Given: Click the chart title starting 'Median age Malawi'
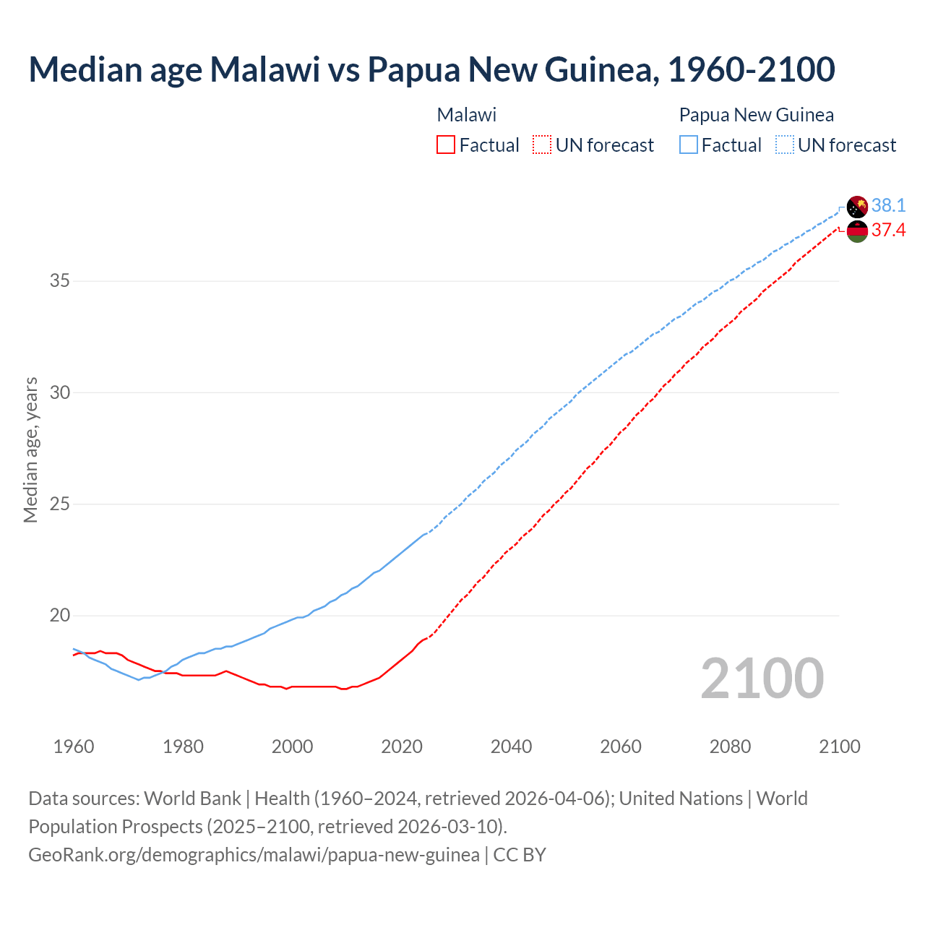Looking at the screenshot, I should (431, 69).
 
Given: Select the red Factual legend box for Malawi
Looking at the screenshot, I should (446, 145).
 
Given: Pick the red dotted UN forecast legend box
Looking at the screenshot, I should (542, 145).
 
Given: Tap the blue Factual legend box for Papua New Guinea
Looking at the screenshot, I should (689, 145).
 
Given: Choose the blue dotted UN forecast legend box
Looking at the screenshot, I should (784, 145).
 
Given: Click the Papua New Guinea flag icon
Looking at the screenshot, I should (857, 207).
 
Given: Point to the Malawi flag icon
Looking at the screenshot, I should (857, 231).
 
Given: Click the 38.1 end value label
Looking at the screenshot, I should (888, 206).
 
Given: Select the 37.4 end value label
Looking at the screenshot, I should (888, 231).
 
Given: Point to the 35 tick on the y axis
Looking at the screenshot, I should (59, 280).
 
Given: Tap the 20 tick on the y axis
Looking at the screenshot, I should (59, 616).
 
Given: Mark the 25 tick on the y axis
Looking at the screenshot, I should (59, 504).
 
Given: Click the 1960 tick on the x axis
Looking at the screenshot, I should (74, 747).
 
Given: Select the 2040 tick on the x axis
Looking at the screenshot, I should (511, 747).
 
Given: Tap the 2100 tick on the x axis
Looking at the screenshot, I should (839, 747).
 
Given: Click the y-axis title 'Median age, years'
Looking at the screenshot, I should (30, 449).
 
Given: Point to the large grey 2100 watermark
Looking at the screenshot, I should (762, 678).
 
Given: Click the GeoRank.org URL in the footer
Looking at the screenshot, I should (254, 855).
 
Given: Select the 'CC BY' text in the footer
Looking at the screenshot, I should (520, 855).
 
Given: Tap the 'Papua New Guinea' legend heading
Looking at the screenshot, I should (756, 115).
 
